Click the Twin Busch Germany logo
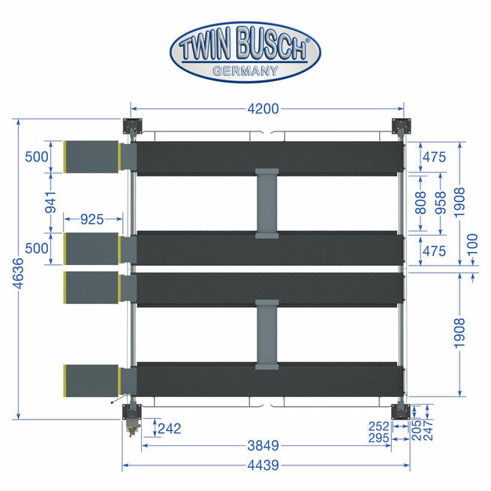pos(245,52)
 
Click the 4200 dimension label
pos(263,109)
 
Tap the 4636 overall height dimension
pos(19,273)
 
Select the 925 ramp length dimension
pos(92,219)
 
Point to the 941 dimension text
pos(50,203)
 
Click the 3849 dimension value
pos(263,445)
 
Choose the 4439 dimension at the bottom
pos(263,465)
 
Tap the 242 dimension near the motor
pos(170,429)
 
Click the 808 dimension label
pos(420,203)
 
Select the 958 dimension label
pos(440,203)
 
